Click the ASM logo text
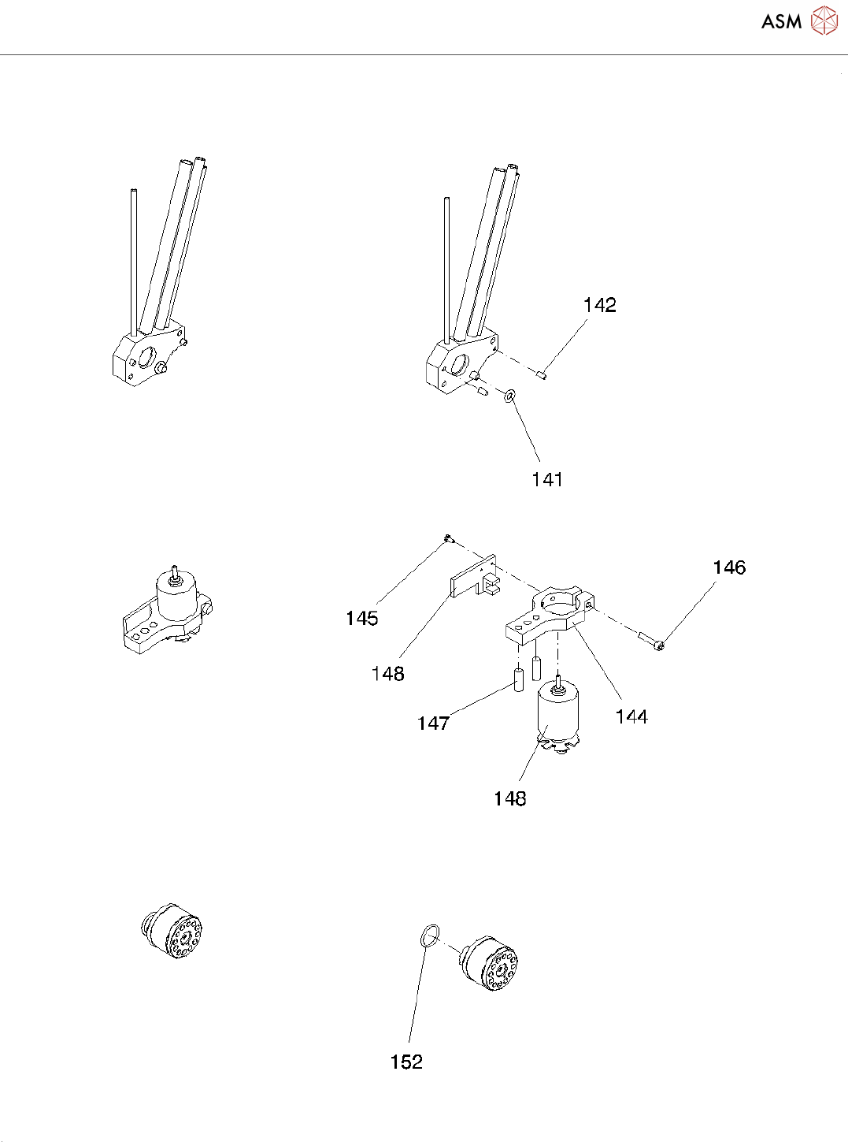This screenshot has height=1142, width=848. click(780, 22)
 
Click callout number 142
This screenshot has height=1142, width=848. click(600, 306)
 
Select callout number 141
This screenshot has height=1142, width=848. click(547, 479)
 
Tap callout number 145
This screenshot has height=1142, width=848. click(361, 619)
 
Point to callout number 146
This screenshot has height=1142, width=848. click(729, 567)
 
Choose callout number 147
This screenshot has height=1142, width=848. click(433, 723)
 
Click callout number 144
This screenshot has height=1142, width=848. click(631, 716)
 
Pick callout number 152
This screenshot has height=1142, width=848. click(406, 1062)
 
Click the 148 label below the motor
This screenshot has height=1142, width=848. click(509, 799)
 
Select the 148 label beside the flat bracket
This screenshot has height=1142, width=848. click(387, 674)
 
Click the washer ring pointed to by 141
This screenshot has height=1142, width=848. click(510, 394)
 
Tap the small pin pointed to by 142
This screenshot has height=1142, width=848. click(542, 374)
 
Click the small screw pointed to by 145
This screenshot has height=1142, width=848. click(448, 538)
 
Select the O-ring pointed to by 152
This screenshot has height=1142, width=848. click(428, 936)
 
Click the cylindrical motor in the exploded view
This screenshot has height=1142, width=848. click(557, 714)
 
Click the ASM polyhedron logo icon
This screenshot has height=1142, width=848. click(824, 21)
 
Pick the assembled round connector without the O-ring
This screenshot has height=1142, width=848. click(172, 930)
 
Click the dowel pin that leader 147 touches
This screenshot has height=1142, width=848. click(519, 679)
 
